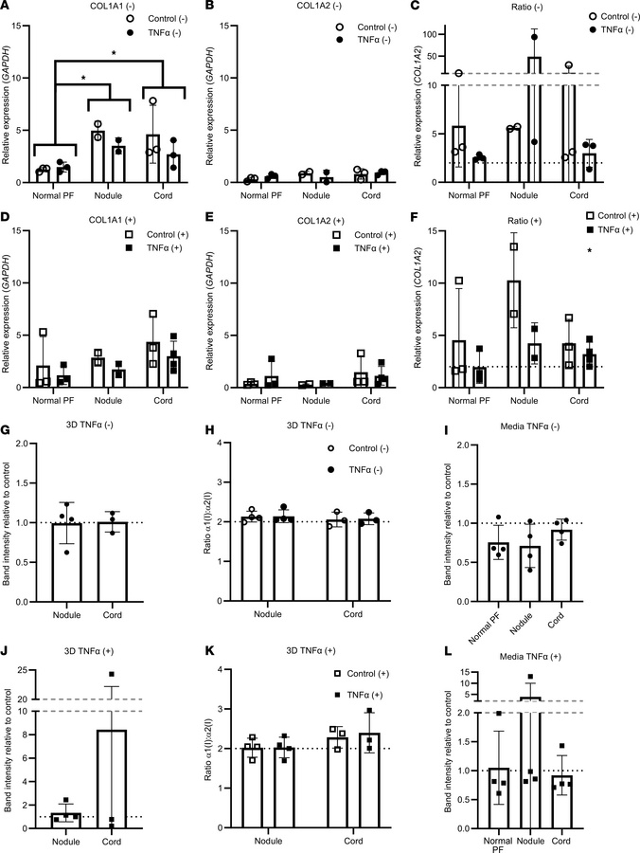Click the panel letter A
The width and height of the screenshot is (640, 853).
pos(7,8)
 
